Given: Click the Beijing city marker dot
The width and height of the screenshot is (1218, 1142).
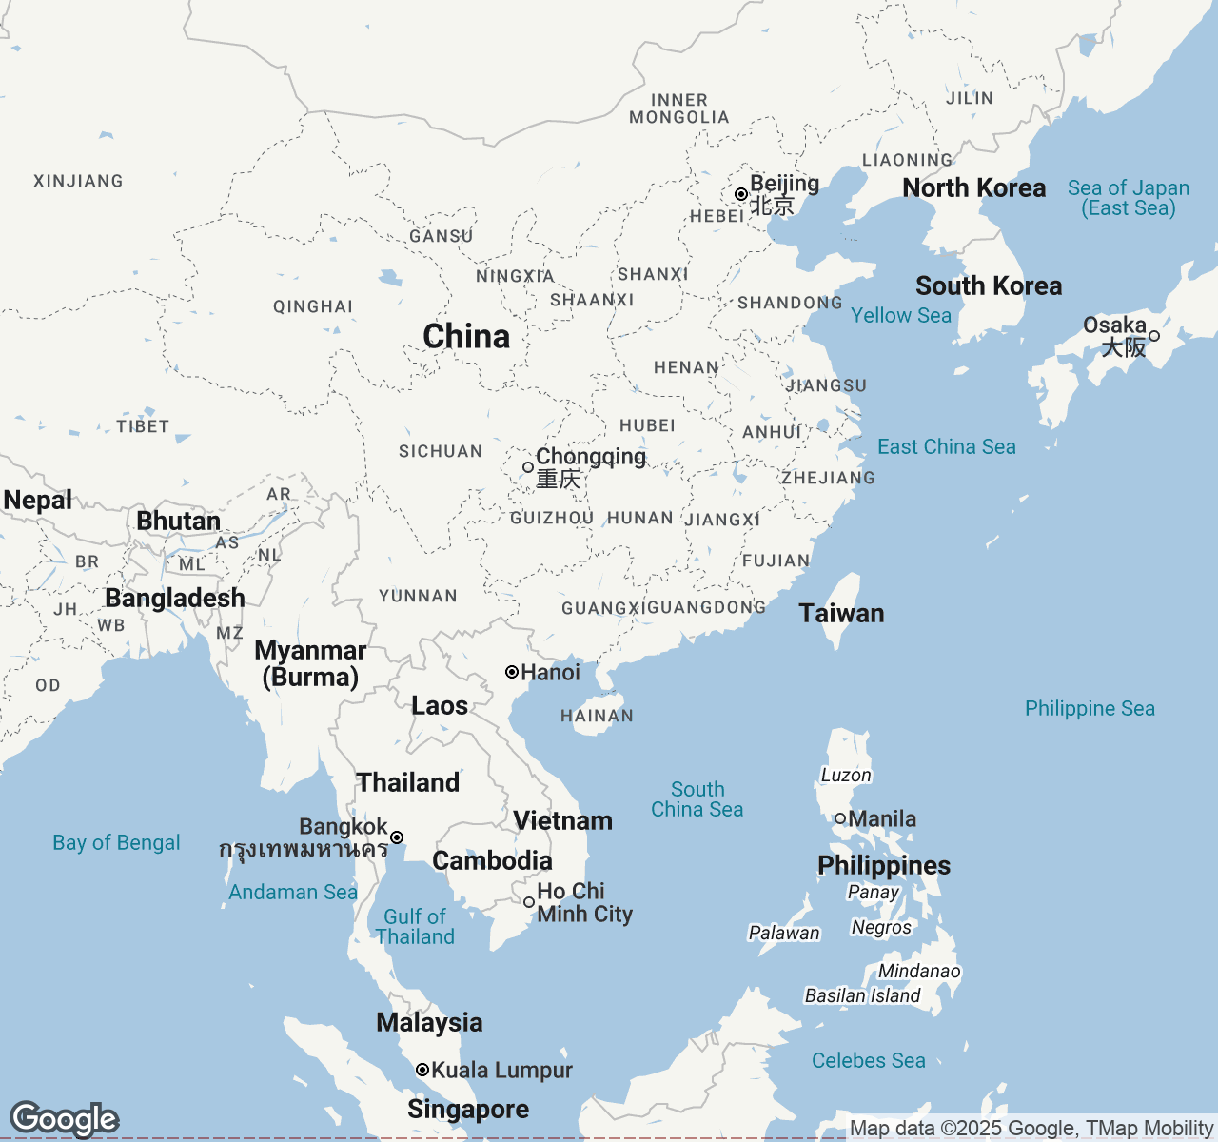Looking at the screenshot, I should click(741, 194).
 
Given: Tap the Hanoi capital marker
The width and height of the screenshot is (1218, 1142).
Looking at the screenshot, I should click(512, 672).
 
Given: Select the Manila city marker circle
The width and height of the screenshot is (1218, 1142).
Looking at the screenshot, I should click(840, 818).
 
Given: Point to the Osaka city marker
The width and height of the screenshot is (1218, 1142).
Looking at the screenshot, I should click(1154, 335).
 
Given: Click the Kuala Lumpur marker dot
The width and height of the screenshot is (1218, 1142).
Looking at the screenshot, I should click(422, 1070).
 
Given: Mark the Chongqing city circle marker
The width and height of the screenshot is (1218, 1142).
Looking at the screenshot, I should click(528, 467).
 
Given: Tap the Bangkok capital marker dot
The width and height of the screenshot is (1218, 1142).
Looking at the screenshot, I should click(397, 837).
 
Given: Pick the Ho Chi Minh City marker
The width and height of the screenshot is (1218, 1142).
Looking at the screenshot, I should click(529, 902).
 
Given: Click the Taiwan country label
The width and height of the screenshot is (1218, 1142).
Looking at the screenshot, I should click(841, 614).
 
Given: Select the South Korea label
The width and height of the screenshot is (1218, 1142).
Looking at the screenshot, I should click(989, 285).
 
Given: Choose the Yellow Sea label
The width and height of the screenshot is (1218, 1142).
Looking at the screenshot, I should click(900, 315).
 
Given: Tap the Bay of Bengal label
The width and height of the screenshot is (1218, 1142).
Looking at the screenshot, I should click(116, 842).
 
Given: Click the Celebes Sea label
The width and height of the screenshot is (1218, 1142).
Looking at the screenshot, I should click(868, 1060).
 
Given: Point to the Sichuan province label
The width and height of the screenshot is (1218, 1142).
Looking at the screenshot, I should click(441, 451).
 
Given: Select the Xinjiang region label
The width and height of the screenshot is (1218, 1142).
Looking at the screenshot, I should click(78, 181).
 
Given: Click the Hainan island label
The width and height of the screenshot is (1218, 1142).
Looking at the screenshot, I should click(597, 716).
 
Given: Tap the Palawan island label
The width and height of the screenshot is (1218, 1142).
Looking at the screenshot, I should click(784, 933).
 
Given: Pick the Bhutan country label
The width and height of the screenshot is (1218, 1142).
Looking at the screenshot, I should click(178, 521).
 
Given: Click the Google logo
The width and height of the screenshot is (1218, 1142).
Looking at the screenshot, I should click(64, 1119).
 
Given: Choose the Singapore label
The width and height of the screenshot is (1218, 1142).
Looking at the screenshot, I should click(468, 1109).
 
